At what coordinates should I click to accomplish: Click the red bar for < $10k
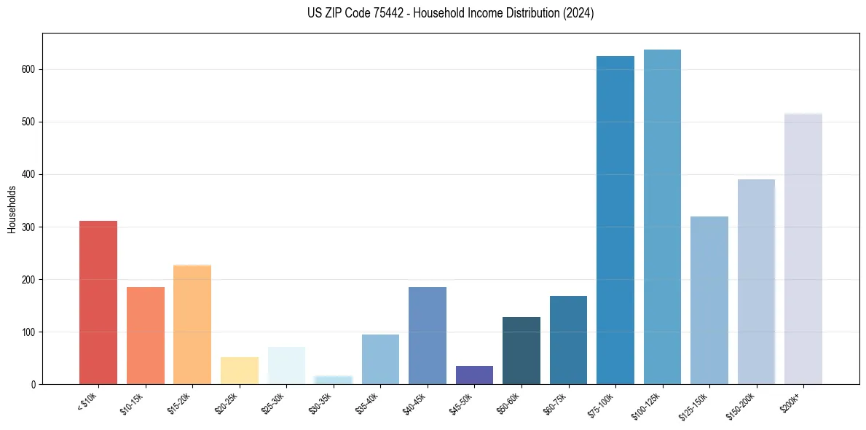tap(98, 302)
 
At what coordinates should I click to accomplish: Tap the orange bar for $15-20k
tap(192, 324)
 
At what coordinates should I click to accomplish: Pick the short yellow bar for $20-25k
tap(239, 371)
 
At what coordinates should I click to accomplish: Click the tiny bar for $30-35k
tap(333, 380)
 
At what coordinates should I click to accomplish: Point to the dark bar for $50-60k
tap(521, 351)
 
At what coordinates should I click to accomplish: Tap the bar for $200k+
tap(803, 249)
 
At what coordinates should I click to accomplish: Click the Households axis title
tap(12, 208)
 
